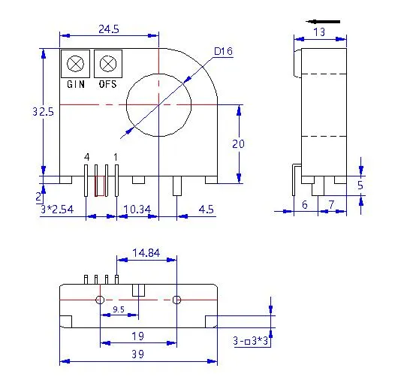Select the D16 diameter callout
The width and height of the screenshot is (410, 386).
(x=223, y=51)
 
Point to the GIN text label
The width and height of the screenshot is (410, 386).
(x=76, y=84)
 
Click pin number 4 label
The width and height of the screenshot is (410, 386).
(x=87, y=156)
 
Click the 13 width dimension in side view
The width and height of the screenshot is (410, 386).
(x=318, y=32)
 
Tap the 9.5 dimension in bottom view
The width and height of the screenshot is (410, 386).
(x=119, y=309)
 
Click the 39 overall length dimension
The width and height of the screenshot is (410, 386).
(x=138, y=353)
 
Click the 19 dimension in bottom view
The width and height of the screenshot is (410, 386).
(x=138, y=336)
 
